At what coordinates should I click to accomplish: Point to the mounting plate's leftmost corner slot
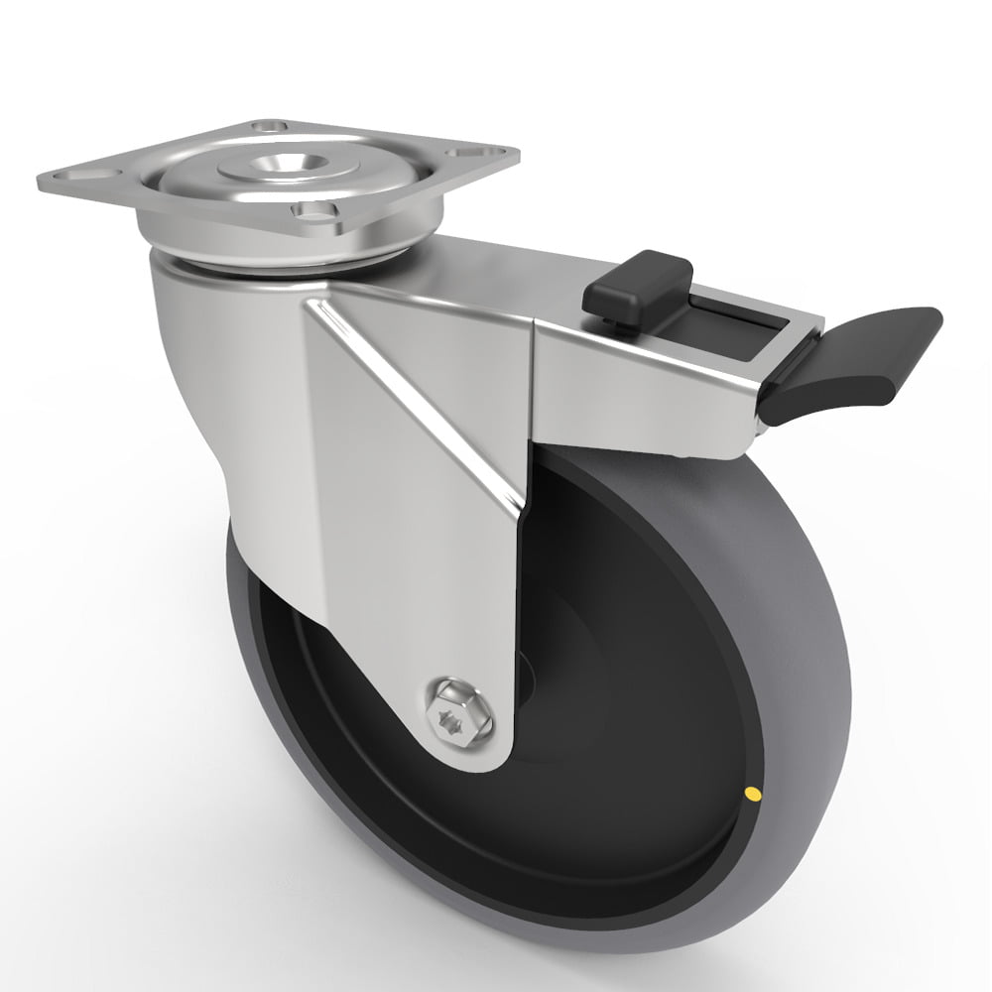86,175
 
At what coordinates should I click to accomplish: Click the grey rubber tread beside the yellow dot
794,784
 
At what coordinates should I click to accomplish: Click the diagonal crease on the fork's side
417,407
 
